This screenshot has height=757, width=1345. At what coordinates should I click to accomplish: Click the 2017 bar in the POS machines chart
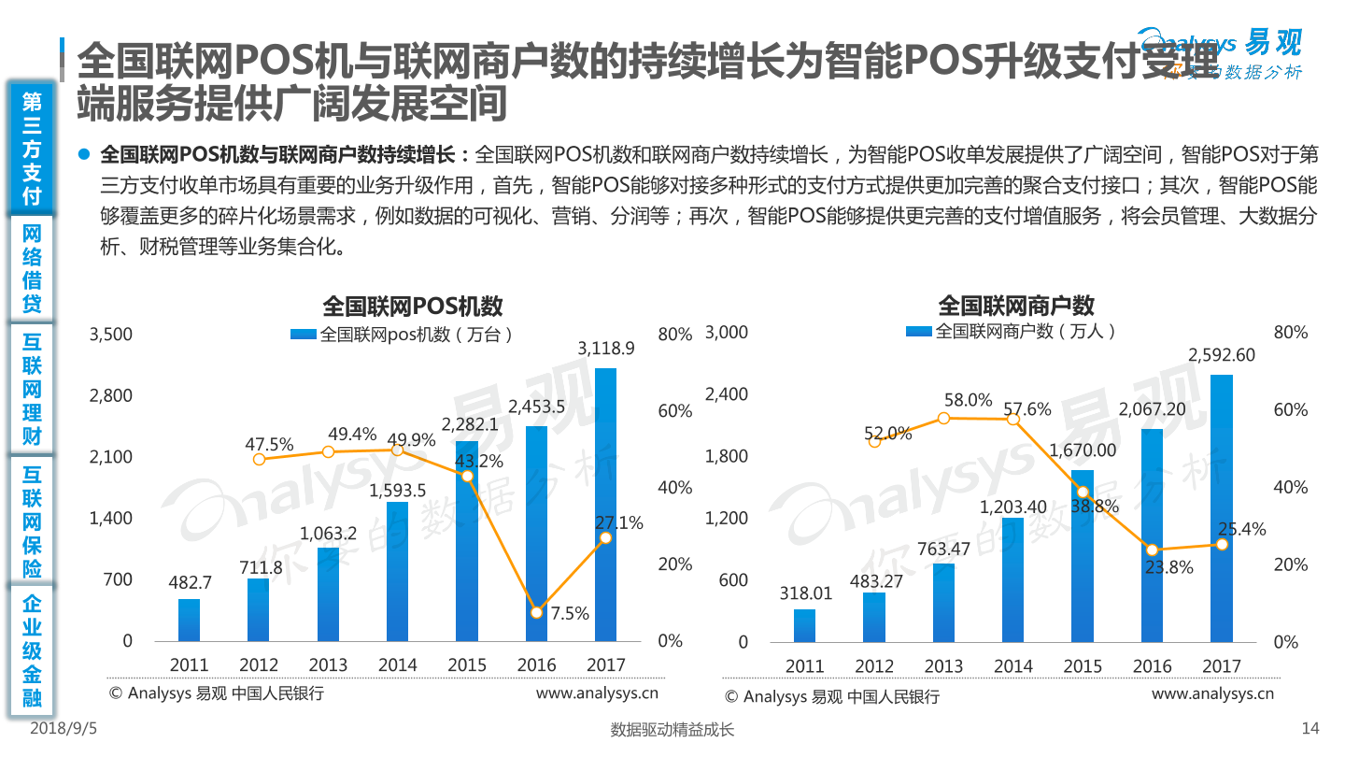click(x=605, y=505)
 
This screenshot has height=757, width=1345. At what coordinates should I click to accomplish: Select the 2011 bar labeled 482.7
click(x=189, y=620)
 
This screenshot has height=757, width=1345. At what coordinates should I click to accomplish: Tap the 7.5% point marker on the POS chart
click(x=537, y=612)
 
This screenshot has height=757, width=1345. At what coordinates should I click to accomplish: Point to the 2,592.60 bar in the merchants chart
click(x=1222, y=508)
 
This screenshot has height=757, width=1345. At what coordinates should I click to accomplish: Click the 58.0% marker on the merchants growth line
click(x=943, y=418)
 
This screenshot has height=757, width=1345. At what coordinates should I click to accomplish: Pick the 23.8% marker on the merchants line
click(x=1152, y=550)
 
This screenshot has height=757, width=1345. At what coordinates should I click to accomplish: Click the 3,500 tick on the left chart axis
click(x=111, y=334)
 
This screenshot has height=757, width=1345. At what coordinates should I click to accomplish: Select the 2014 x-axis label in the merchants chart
click(x=1012, y=665)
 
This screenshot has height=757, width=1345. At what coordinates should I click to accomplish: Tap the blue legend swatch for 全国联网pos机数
click(x=304, y=334)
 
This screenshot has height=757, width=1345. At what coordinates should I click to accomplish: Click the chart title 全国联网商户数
click(x=1016, y=306)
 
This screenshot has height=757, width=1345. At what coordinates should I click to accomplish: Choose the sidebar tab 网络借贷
click(x=32, y=268)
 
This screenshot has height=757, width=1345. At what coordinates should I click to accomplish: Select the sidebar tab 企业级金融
click(x=32, y=650)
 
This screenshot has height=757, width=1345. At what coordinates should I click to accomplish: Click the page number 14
click(x=1310, y=728)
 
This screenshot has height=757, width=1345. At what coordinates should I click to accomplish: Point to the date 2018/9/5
click(x=64, y=728)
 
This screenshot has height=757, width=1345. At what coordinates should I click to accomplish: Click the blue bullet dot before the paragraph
click(x=84, y=154)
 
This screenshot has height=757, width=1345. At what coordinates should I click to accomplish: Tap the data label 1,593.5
click(x=397, y=491)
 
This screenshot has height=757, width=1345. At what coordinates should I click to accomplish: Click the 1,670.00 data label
click(x=1082, y=450)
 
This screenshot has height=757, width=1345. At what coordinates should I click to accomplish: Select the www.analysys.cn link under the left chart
click(x=597, y=693)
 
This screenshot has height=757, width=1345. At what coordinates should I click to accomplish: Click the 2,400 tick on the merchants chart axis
click(x=727, y=394)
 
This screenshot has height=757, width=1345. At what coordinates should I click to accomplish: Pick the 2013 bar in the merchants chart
click(x=943, y=603)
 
